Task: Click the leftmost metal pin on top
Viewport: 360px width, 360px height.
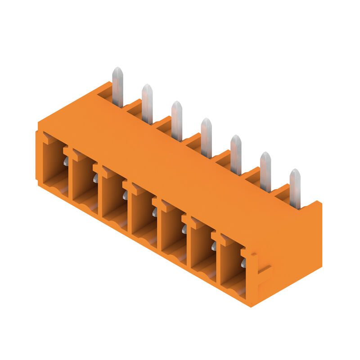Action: click(117, 88)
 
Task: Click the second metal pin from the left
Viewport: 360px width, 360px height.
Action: click(147, 105)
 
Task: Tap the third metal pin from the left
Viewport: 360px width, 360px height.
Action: click(177, 121)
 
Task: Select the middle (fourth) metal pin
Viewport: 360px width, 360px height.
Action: click(207, 139)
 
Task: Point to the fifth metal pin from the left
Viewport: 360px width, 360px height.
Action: click(236, 155)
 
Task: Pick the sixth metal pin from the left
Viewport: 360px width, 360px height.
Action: click(265, 172)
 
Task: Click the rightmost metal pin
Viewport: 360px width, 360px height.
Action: click(295, 189)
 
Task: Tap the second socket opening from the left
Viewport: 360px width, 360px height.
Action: click(85, 183)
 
